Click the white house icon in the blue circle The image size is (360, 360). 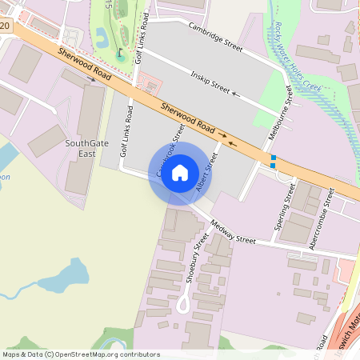click(x=180, y=173)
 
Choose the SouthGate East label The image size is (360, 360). click(x=81, y=150)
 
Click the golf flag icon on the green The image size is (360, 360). click(x=120, y=55)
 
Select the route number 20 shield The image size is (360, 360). click(x=6, y=26)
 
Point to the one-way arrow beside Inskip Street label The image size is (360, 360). click(x=235, y=94)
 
